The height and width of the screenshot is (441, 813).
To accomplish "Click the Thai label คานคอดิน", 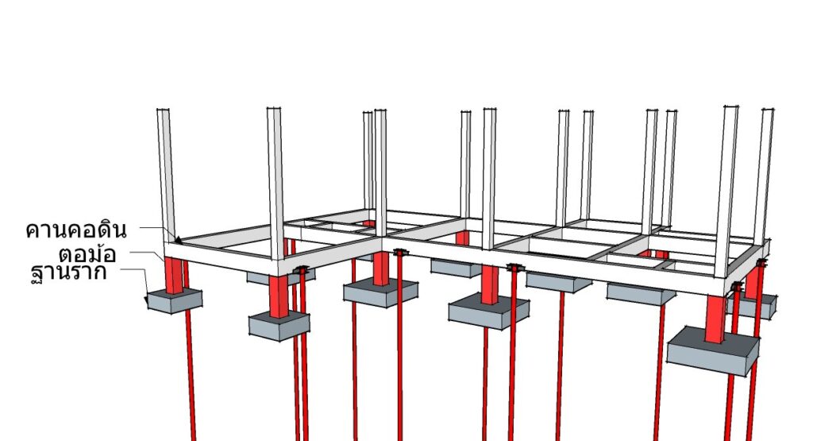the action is [x=75, y=230].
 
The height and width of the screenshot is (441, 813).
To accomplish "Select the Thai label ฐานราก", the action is [x=69, y=273].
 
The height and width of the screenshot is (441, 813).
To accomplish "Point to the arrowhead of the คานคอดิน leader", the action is [x=178, y=240].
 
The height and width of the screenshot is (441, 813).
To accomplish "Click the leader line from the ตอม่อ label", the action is [x=147, y=255].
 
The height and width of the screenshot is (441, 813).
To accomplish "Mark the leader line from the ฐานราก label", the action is [x=136, y=280].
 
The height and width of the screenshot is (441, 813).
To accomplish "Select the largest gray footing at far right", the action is [x=712, y=351].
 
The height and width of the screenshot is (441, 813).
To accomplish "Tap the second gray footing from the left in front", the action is [x=279, y=325].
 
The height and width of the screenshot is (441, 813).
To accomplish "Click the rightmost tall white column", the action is [x=763, y=175].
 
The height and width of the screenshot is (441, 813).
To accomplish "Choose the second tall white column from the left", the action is [x=275, y=183].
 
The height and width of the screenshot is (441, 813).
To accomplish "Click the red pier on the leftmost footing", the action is [x=174, y=275].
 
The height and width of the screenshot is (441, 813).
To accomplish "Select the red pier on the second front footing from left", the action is [x=279, y=296].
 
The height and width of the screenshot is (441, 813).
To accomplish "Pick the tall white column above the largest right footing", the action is [x=726, y=192].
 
